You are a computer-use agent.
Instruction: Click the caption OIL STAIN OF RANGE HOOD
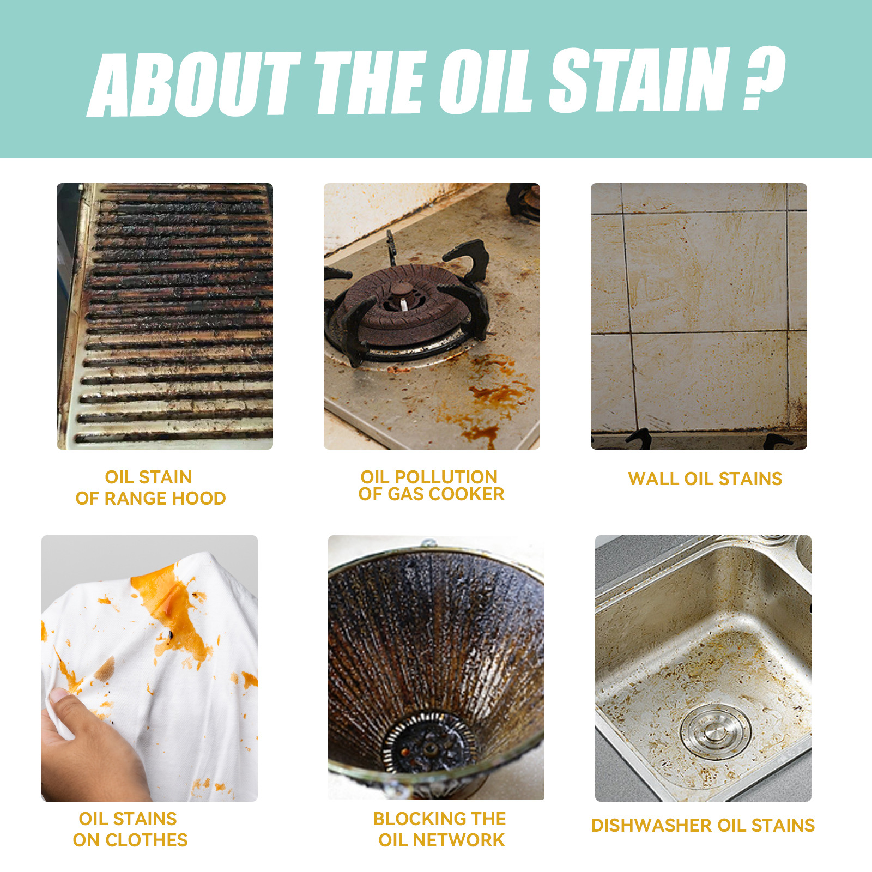click(x=150, y=488)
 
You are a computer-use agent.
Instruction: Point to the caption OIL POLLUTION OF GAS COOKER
click(x=431, y=486)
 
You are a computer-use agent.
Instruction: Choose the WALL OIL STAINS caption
click(x=705, y=479)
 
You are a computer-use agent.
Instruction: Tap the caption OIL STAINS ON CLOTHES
click(x=130, y=829)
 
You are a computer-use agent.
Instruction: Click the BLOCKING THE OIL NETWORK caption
click(x=440, y=829)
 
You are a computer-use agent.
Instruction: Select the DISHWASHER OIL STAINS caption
click(x=703, y=825)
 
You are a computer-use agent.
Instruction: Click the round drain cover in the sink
click(x=715, y=730)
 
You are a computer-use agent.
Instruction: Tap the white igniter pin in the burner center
click(x=403, y=304)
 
